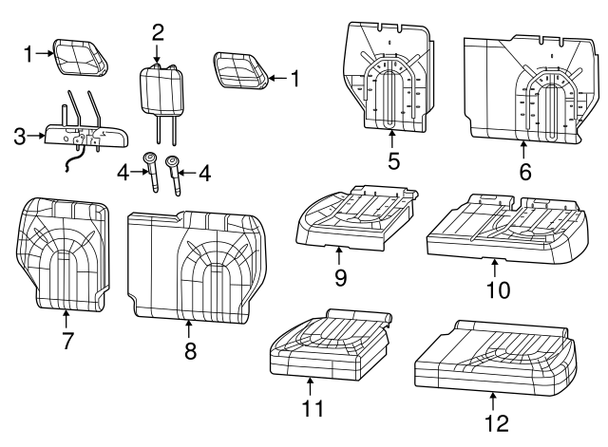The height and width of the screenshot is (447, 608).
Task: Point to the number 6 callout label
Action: click(x=525, y=172)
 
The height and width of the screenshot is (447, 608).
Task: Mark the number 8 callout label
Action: click(x=189, y=351)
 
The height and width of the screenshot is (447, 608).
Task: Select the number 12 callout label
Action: click(x=492, y=421)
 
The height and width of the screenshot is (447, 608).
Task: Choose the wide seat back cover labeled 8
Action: click(x=195, y=264)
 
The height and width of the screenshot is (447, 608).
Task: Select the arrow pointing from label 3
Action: click(x=38, y=136)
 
